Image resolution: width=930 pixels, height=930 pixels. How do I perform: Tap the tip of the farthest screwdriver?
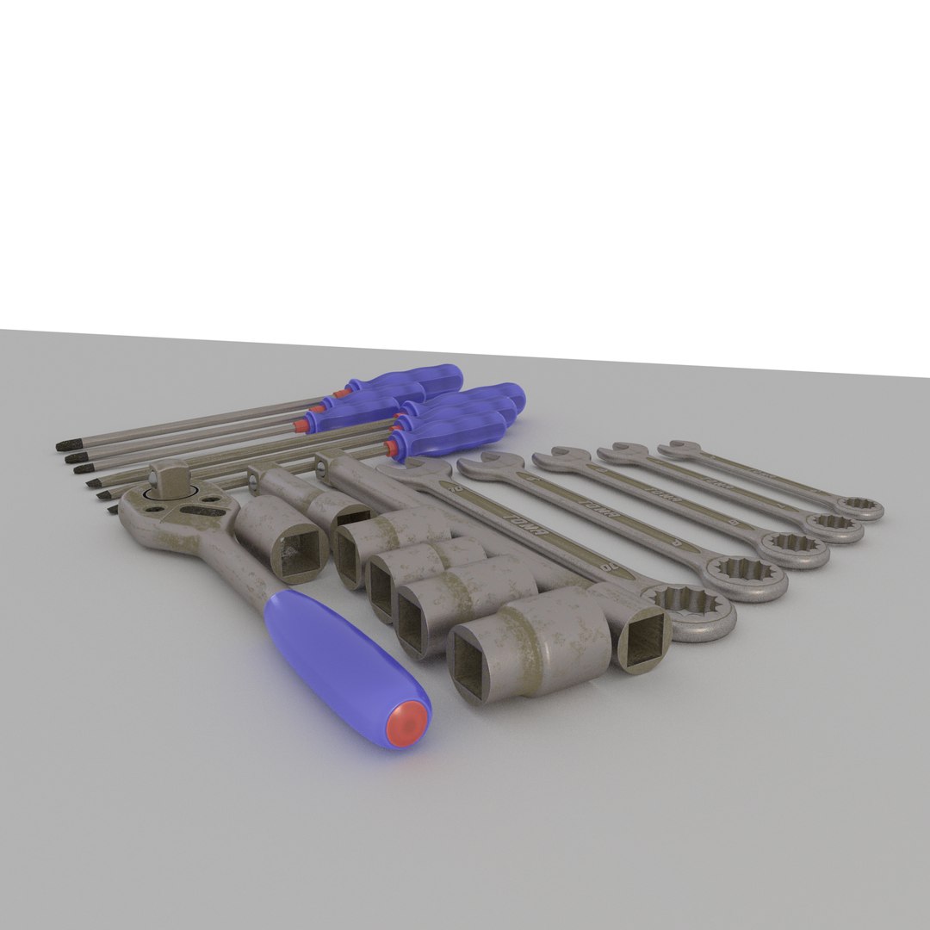63,445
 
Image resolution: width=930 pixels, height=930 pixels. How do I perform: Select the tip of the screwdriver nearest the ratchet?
113,510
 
